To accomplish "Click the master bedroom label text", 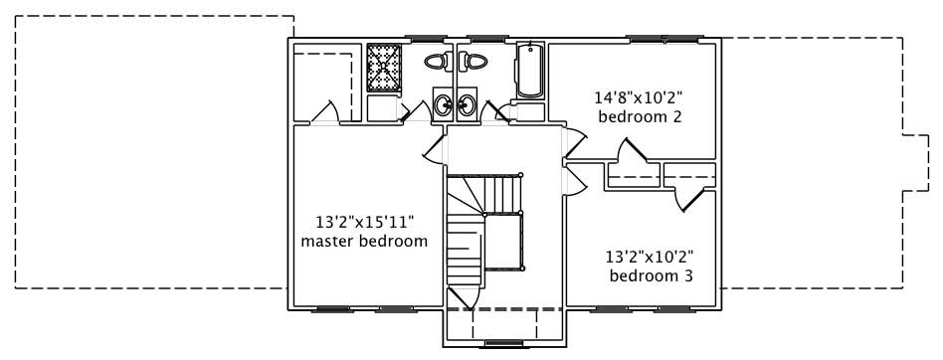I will [364, 242].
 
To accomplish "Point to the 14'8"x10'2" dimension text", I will [638, 97].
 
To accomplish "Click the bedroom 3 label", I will [651, 275].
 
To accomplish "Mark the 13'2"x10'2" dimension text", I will [651, 256].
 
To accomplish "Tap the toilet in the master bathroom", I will [435, 62].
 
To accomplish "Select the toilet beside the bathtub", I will [474, 62].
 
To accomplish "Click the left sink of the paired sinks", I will [442, 103].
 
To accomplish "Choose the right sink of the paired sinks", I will [466, 104].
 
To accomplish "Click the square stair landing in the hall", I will [503, 240].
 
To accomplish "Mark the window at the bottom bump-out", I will [502, 344].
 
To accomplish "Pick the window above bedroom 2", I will [664, 38].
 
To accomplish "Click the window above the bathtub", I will [528, 40].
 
